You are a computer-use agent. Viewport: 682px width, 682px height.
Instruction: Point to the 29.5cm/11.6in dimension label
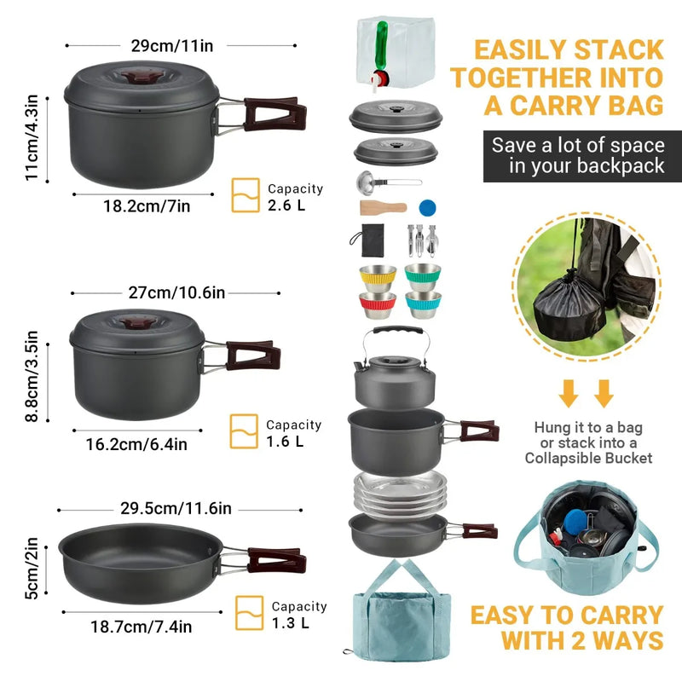(175, 509)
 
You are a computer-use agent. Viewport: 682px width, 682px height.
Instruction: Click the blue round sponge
(428, 207)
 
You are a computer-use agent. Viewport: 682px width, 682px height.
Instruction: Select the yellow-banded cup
(376, 276)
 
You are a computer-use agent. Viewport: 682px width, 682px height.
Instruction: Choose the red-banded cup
(376, 303)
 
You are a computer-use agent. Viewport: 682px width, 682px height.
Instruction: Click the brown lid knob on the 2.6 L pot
(136, 78)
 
